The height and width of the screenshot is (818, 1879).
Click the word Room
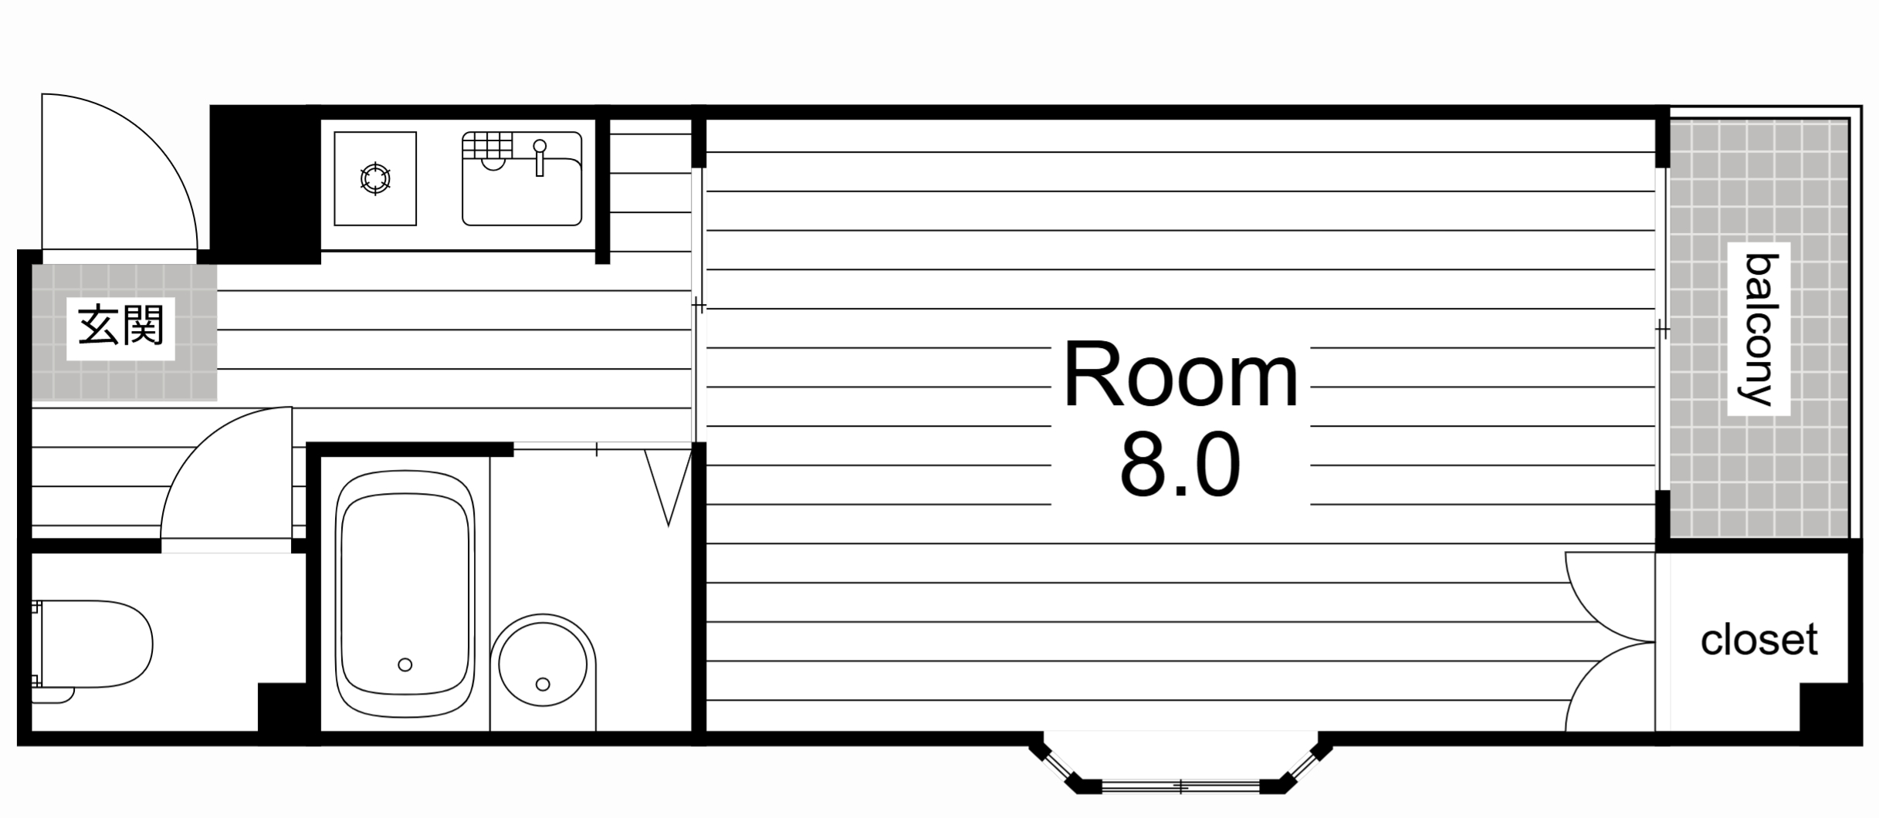pyautogui.click(x=1180, y=377)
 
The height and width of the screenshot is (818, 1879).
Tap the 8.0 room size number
pyautogui.click(x=1180, y=465)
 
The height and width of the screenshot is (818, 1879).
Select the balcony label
pyautogui.click(x=1761, y=330)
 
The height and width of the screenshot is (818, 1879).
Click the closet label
pyautogui.click(x=1759, y=640)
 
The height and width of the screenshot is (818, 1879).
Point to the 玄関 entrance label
pyautogui.click(x=121, y=325)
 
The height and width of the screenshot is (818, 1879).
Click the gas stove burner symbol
pyautogui.click(x=375, y=179)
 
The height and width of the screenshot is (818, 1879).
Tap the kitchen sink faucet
pyautogui.click(x=540, y=157)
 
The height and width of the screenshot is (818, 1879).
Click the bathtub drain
pyautogui.click(x=405, y=664)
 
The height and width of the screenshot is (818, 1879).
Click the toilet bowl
pyautogui.click(x=93, y=644)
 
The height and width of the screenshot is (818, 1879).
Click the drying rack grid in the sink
pyautogui.click(x=487, y=144)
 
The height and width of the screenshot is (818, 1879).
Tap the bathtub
pyautogui.click(x=405, y=595)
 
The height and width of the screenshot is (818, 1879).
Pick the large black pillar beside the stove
pyautogui.click(x=266, y=184)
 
